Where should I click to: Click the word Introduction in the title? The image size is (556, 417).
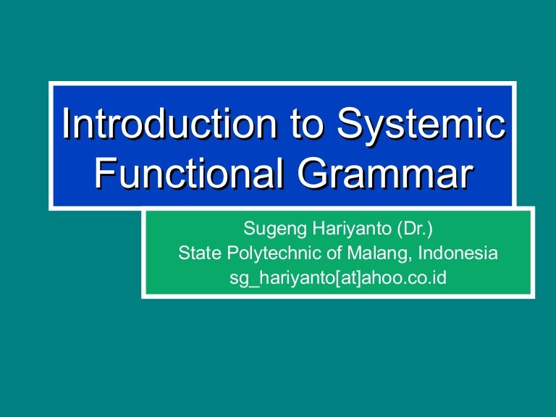click(166, 124)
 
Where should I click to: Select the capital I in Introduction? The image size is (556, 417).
click(66, 124)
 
